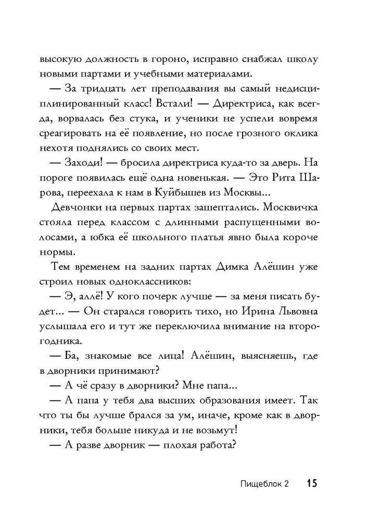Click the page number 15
coord(311,483)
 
